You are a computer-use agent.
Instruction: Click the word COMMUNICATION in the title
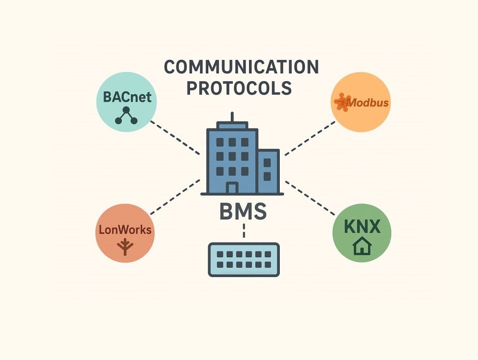click(241, 67)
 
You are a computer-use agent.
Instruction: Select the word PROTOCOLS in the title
click(239, 88)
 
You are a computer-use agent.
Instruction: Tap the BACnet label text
click(127, 97)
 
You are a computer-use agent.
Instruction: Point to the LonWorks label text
click(125, 229)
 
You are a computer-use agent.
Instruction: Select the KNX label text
click(362, 226)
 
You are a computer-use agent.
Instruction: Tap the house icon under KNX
click(362, 247)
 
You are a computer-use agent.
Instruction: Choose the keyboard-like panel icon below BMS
click(243, 259)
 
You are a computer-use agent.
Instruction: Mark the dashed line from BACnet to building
click(175, 137)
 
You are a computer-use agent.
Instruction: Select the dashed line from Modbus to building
click(310, 138)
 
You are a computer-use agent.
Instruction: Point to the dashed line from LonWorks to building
click(175, 197)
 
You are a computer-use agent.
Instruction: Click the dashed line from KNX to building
click(310, 197)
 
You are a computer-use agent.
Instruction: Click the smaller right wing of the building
click(268, 170)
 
